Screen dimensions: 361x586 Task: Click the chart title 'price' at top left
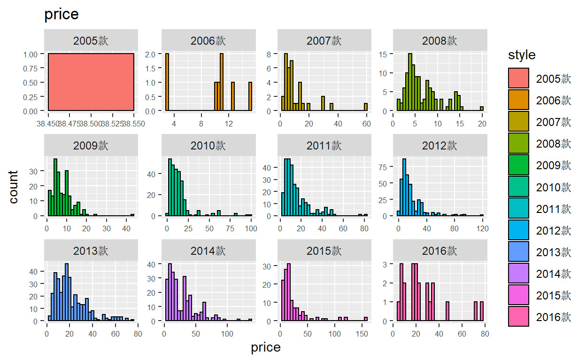61,15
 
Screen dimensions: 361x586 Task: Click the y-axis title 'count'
14,187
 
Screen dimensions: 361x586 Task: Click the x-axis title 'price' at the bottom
266,348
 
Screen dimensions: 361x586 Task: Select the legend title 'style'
522,55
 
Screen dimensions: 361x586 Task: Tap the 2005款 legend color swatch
518,78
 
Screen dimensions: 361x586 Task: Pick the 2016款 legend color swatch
518,316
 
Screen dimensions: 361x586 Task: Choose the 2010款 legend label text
553,187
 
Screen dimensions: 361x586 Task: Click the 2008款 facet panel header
439,40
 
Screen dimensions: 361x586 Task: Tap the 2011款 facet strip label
324,145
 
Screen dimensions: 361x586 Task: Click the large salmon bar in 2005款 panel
91,82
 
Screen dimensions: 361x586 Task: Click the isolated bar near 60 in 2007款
365,108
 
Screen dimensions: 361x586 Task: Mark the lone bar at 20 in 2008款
482,109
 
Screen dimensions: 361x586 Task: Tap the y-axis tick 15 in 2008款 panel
383,54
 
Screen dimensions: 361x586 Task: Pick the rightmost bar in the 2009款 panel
132,215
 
